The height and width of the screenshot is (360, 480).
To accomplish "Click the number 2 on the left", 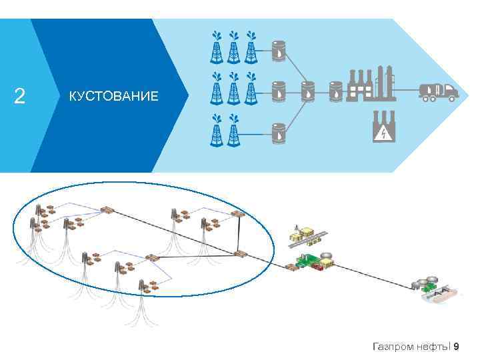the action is tap(20, 97).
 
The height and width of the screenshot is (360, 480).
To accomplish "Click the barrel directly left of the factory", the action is tap(336, 90).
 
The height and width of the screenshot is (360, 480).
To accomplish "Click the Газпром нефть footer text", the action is tap(411, 346).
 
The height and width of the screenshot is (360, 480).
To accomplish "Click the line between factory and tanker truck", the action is tap(407, 90).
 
